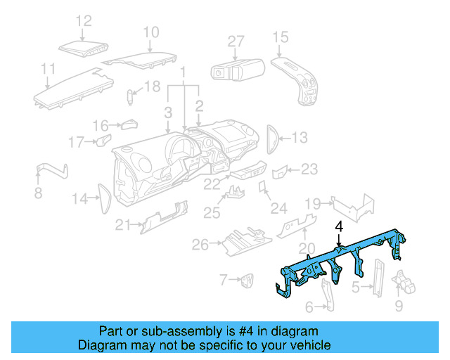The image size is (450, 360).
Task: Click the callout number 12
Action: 84,21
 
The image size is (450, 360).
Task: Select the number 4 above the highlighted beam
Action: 339,227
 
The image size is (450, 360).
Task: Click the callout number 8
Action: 39,192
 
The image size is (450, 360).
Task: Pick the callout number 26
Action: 200,245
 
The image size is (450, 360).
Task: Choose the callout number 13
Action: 300,138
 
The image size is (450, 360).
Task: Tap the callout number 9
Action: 399,305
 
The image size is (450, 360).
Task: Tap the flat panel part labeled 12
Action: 83,47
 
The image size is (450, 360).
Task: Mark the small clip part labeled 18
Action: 131,96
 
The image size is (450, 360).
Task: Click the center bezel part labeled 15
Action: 299,79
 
